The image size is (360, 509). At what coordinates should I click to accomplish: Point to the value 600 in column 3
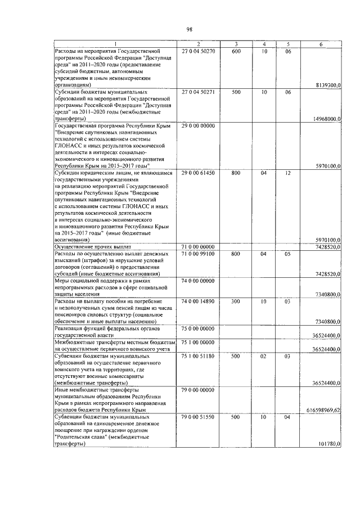(236, 51)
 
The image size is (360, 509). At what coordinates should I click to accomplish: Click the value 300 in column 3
(236, 301)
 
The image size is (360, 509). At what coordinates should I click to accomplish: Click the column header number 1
(115, 44)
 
